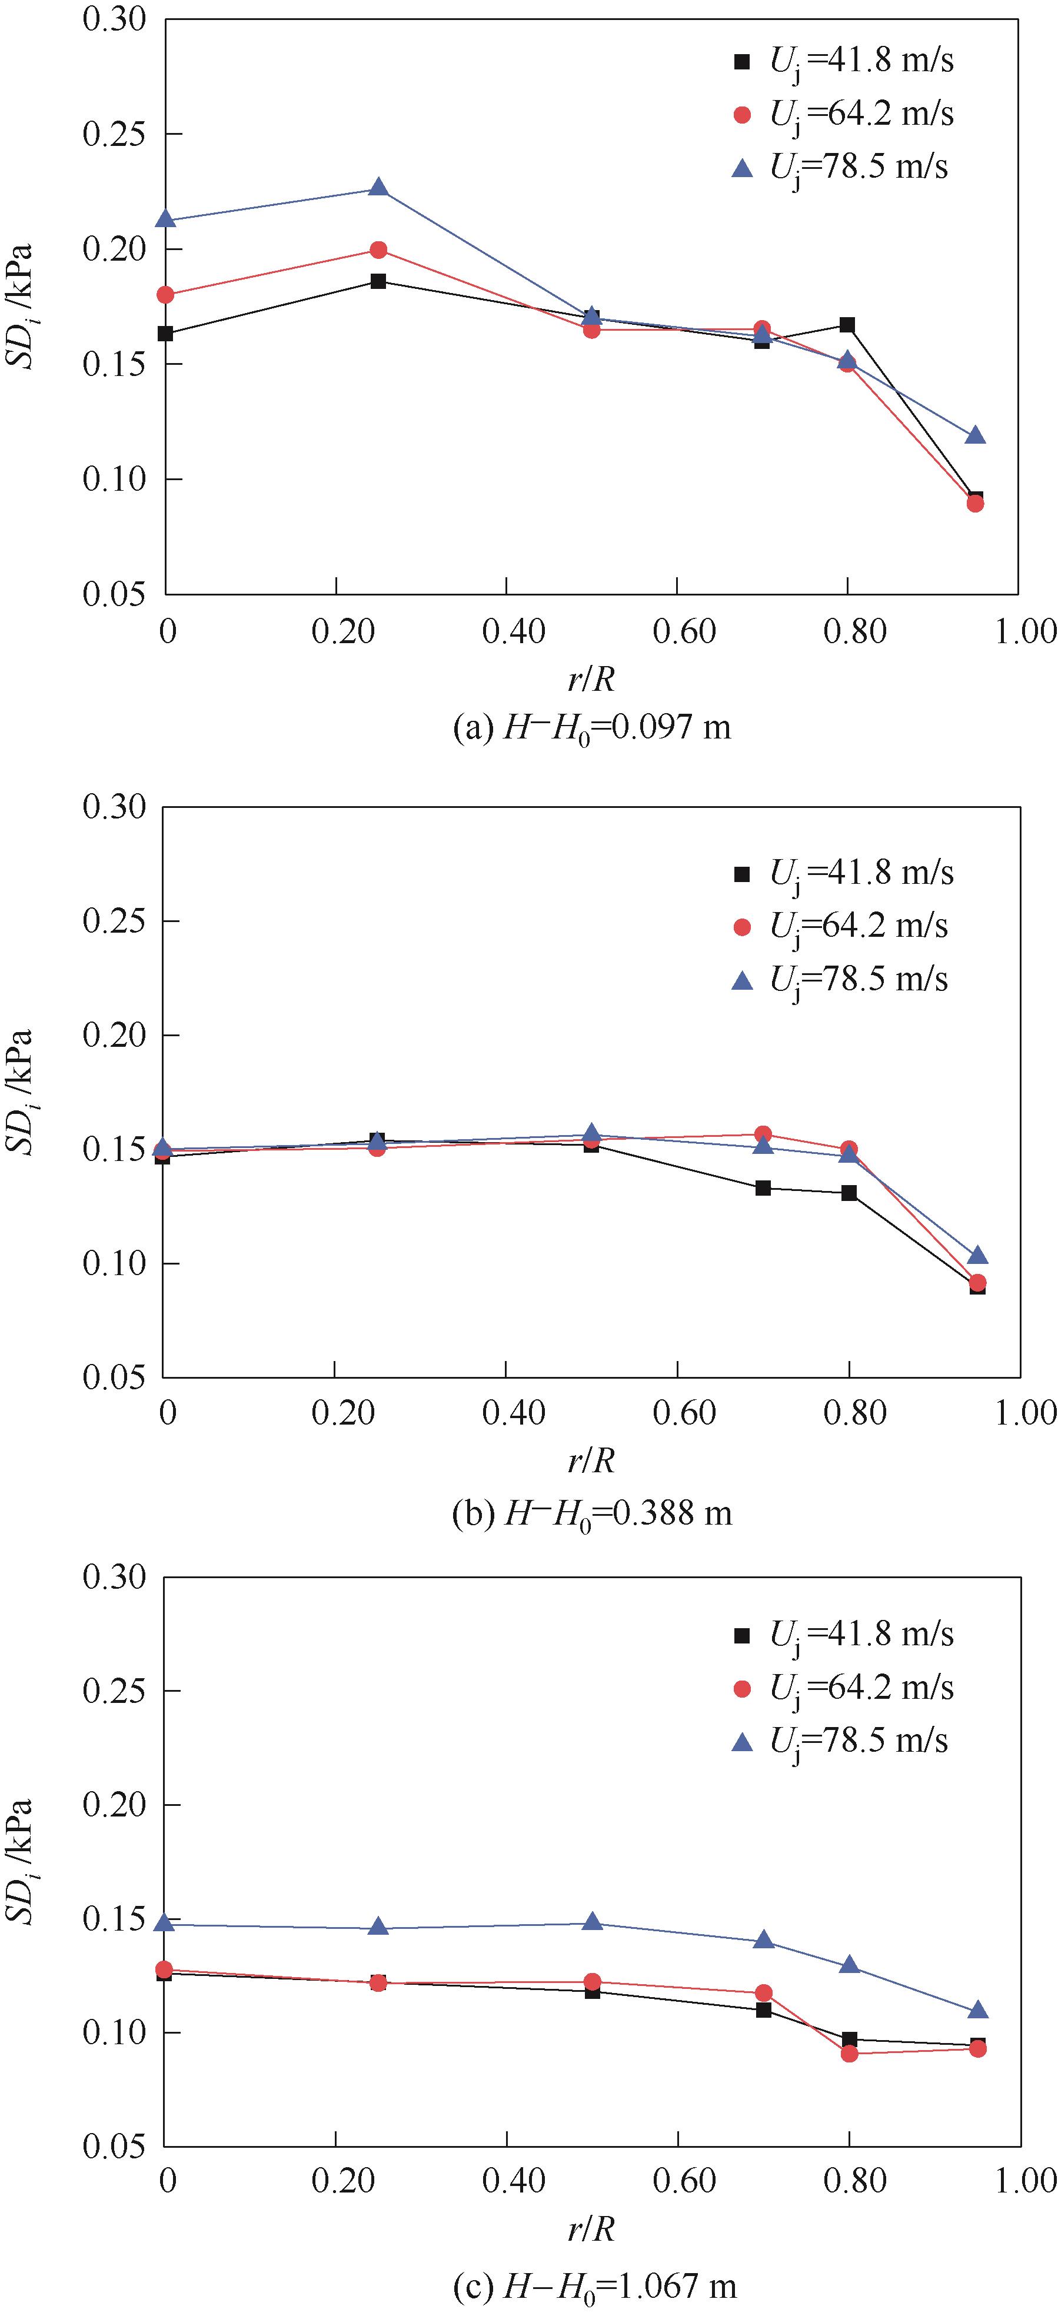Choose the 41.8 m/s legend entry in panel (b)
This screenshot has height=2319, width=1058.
tap(843, 872)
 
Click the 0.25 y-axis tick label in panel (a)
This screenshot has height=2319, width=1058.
tap(114, 134)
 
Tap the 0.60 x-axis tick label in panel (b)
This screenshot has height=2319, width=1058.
tap(684, 1412)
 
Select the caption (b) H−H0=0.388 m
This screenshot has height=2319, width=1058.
tap(591, 1513)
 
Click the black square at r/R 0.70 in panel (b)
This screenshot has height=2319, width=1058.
tap(763, 1188)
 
